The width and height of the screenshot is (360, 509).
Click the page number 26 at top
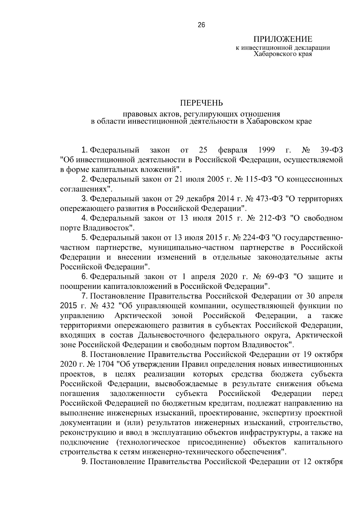click(201, 25)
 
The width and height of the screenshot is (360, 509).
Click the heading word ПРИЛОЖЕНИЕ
click(283, 39)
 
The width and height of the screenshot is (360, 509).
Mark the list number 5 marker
click(84, 238)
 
